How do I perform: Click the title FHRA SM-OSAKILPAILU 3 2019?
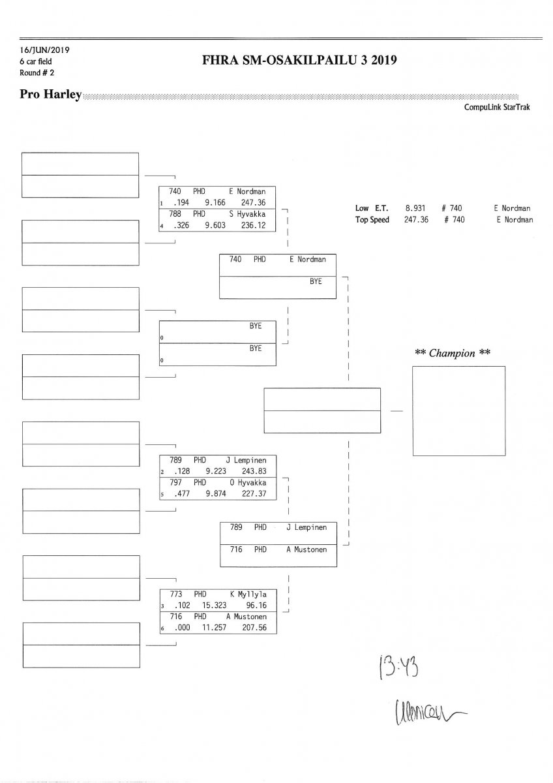coord(300,61)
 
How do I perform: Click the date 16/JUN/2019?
coord(45,50)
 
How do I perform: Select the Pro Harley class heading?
coord(51,95)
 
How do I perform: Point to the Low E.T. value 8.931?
coord(415,208)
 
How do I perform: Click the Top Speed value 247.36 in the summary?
coord(415,220)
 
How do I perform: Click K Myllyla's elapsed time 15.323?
coord(214,605)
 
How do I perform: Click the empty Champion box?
coord(458,411)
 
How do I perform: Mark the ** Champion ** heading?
coord(453,353)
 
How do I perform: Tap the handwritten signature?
coord(423,709)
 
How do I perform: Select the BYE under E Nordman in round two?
coord(316,281)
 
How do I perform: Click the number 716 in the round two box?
coord(236,549)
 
